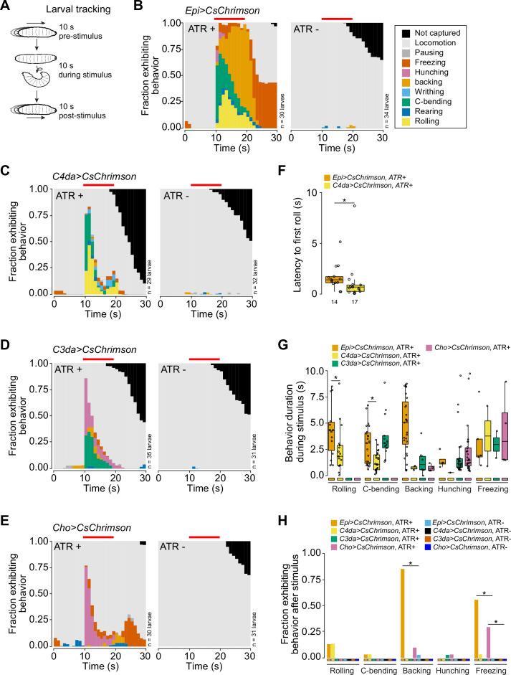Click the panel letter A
pos(6,7)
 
